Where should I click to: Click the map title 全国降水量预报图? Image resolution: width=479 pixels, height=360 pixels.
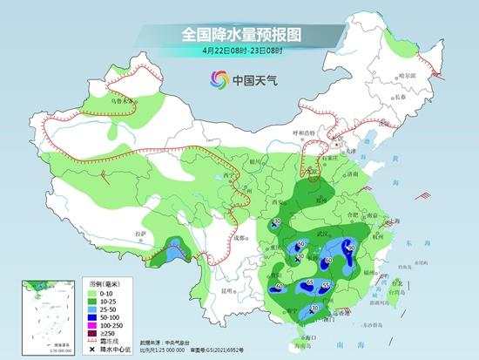239,36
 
